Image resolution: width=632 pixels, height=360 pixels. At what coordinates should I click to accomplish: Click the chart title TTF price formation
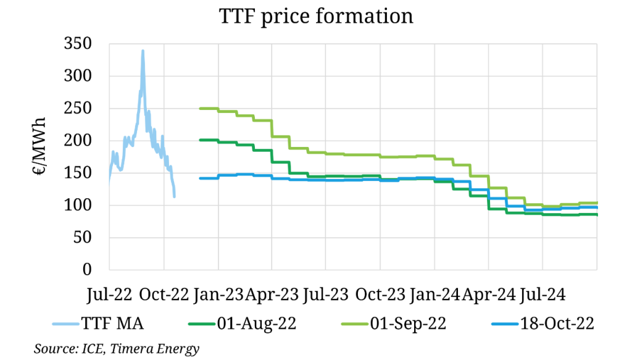pyautogui.click(x=315, y=16)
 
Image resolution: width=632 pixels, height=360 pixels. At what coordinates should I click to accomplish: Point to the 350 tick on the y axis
pyautogui.click(x=80, y=44)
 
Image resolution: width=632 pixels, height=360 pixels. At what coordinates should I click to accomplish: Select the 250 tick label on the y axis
pyautogui.click(x=80, y=109)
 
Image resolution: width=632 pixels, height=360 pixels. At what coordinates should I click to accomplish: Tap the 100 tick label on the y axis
pyautogui.click(x=80, y=206)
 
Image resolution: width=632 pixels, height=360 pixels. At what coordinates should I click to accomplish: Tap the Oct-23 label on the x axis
pyautogui.click(x=381, y=294)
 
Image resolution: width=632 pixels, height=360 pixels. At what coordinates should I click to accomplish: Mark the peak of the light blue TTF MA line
pyautogui.click(x=143, y=51)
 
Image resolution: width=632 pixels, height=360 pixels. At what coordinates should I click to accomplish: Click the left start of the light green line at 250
pyautogui.click(x=200, y=109)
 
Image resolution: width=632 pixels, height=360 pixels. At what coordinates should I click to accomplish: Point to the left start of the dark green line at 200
pyautogui.click(x=200, y=140)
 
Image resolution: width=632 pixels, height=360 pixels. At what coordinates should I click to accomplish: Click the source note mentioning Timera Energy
pyautogui.click(x=117, y=349)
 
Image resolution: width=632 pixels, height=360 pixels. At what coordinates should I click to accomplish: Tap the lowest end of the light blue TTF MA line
pyautogui.click(x=175, y=196)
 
